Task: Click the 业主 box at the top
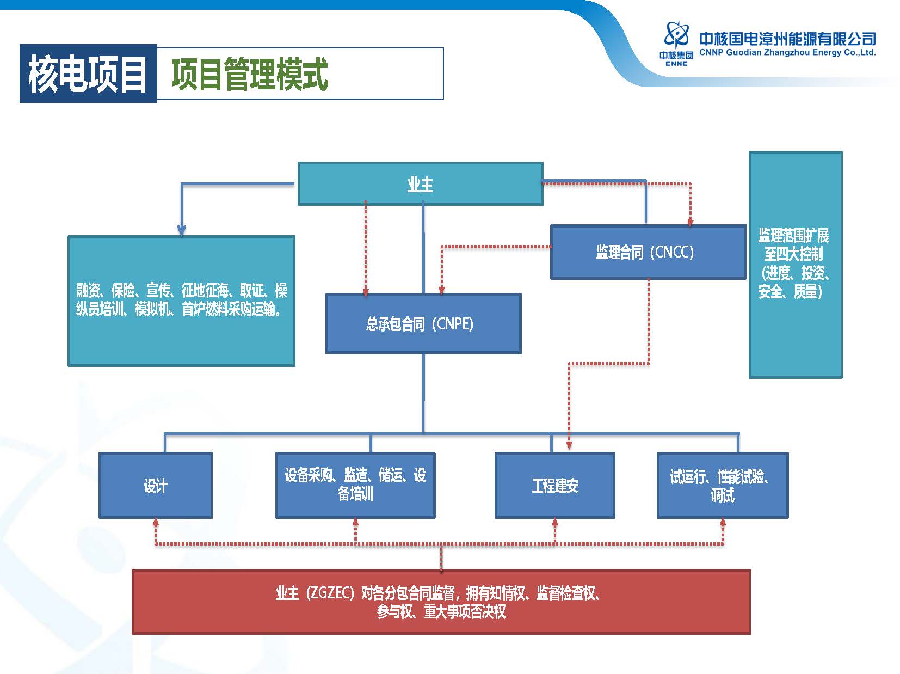(x=420, y=184)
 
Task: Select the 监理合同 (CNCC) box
(x=648, y=252)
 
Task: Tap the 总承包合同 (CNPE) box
(x=423, y=324)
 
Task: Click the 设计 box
(x=155, y=485)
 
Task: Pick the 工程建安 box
(x=554, y=485)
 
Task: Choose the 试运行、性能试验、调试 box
(x=722, y=485)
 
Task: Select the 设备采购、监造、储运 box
(x=355, y=485)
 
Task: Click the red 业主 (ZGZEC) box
(x=441, y=602)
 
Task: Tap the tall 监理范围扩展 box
(x=795, y=265)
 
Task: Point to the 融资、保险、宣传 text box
(x=181, y=301)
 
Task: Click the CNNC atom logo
(x=676, y=36)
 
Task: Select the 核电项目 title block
(x=88, y=73)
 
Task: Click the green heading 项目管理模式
(x=250, y=74)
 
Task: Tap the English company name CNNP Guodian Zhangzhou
(x=787, y=53)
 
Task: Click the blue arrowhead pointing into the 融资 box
(x=182, y=231)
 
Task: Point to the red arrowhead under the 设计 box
(x=156, y=522)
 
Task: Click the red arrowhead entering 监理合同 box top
(x=691, y=222)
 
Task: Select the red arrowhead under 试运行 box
(x=723, y=522)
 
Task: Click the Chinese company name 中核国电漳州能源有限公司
(x=787, y=39)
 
